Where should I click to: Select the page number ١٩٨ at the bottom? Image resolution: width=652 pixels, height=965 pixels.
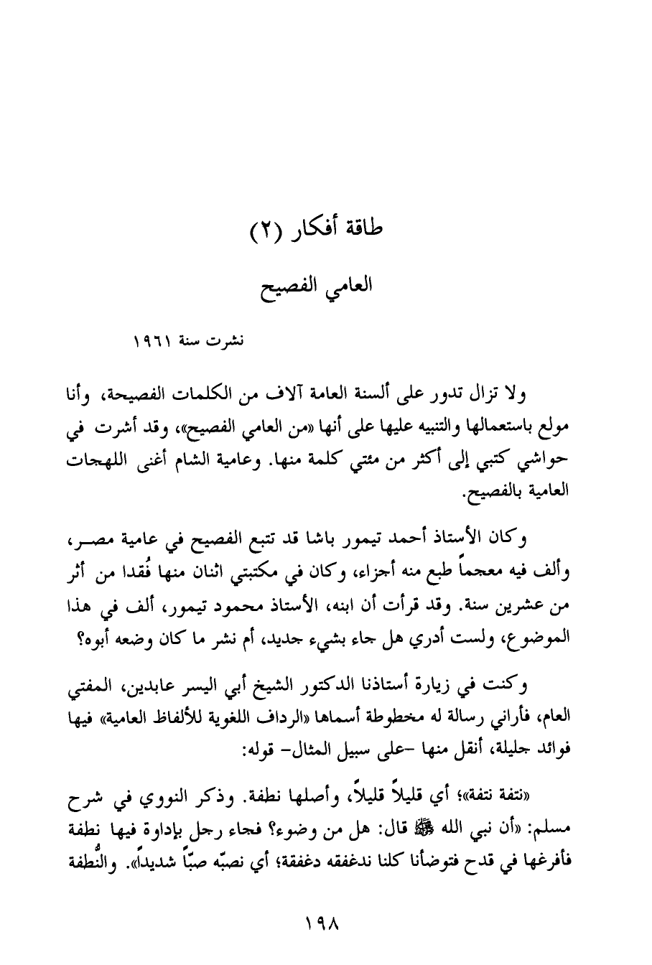(324, 921)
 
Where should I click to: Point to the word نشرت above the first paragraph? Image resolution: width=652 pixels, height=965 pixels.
(228, 342)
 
